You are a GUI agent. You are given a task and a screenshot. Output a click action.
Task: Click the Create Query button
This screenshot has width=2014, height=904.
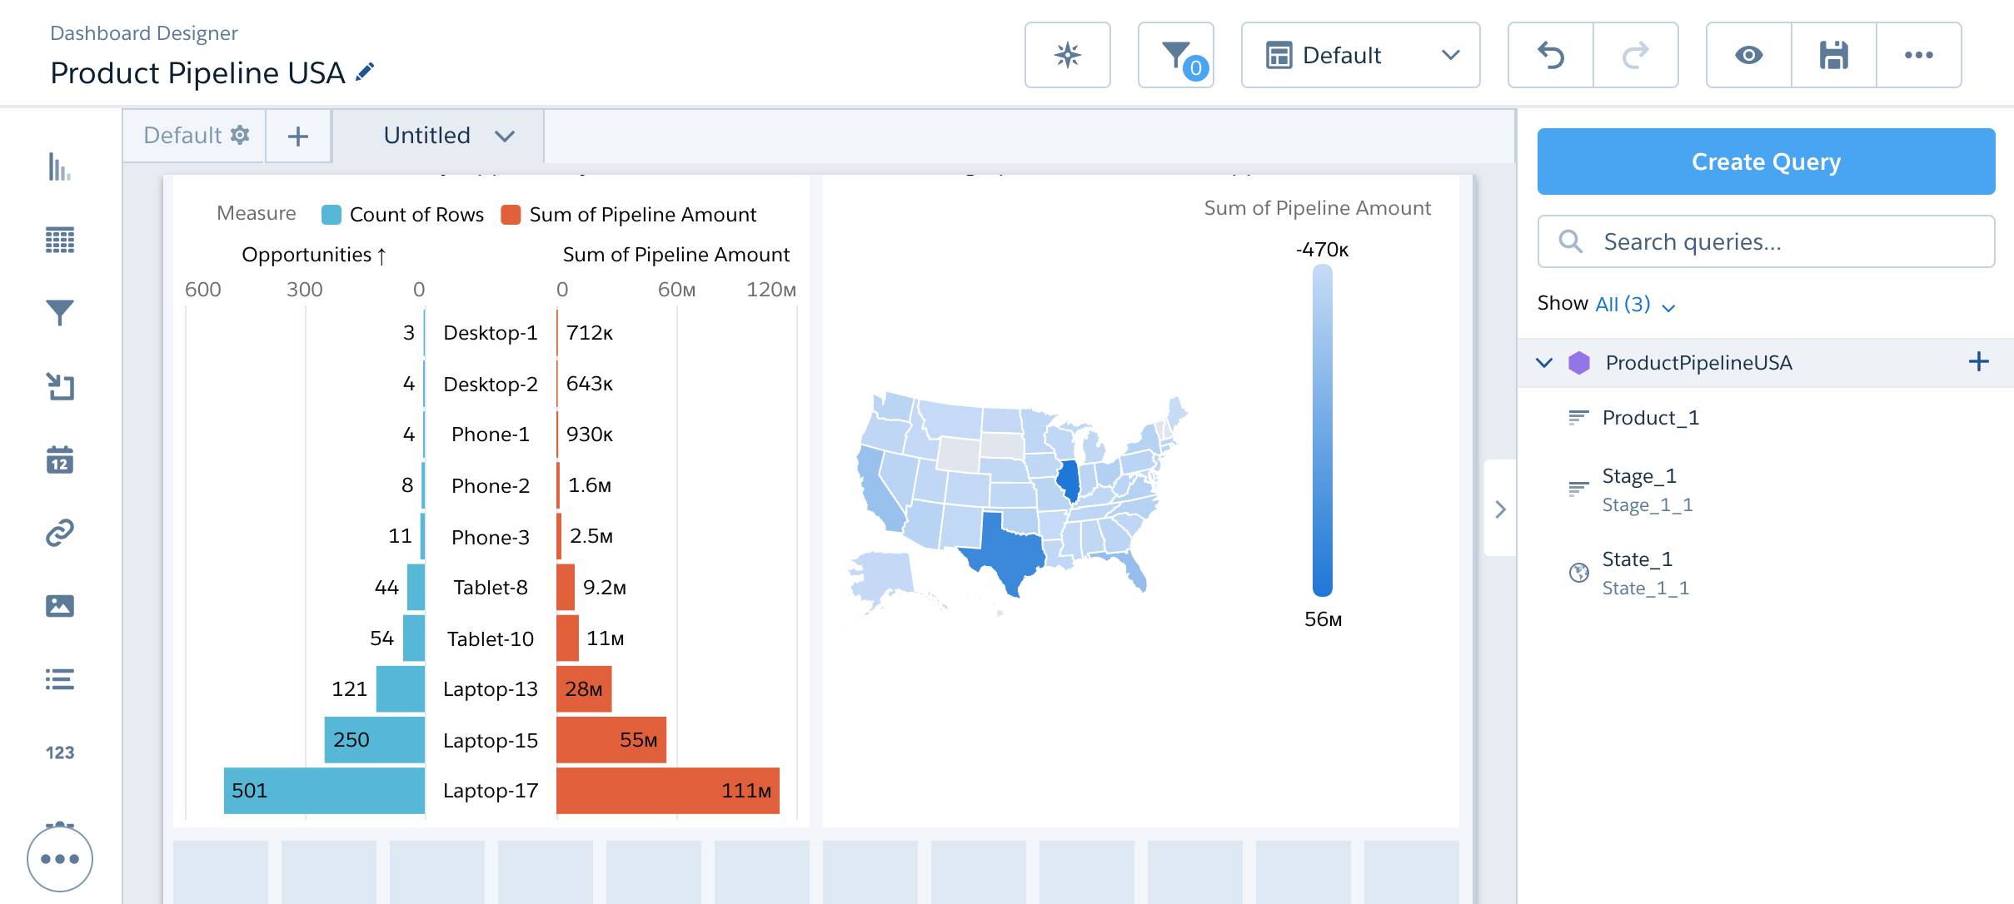tap(1765, 161)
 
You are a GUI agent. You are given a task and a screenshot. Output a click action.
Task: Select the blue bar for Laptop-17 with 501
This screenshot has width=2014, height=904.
tap(325, 791)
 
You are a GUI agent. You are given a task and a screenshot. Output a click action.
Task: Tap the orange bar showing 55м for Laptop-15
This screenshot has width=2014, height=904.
tap(611, 740)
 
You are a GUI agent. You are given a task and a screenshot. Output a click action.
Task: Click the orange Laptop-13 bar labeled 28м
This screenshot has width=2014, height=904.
tap(584, 689)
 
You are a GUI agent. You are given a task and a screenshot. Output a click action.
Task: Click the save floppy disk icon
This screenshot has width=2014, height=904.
tap(1833, 56)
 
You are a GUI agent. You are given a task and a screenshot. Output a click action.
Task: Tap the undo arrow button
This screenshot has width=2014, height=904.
tap(1551, 56)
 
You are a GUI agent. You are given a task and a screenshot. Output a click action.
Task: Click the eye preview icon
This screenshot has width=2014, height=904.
tap(1748, 56)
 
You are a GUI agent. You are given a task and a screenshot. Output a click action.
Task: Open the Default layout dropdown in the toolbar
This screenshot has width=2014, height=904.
tap(1360, 56)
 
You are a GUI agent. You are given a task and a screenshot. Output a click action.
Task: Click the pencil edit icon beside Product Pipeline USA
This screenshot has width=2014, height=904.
tap(365, 72)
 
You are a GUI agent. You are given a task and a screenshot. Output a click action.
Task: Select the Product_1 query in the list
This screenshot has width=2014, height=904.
tap(1650, 418)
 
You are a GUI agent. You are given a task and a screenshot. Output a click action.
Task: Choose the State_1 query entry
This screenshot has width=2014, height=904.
tap(1638, 559)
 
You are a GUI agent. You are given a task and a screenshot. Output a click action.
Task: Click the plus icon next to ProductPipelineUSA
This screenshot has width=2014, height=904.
tap(1978, 362)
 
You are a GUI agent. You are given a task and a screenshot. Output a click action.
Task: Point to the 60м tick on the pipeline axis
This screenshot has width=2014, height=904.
tap(676, 290)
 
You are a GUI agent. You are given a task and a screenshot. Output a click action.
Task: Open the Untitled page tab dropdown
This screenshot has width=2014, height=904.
tap(448, 136)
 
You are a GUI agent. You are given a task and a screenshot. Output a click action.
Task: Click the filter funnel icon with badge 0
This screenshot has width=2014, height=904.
tap(1175, 56)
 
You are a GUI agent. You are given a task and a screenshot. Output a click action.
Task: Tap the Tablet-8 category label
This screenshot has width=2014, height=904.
tap(490, 588)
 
